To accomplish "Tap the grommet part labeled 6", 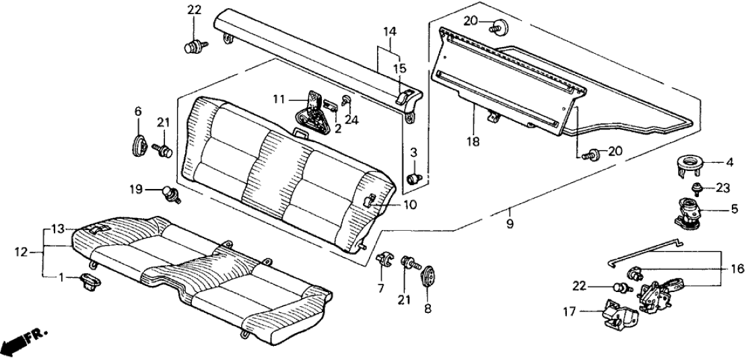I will click(138, 145).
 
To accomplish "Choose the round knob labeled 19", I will click(168, 194).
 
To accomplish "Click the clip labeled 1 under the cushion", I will click(89, 279).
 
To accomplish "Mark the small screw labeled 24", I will click(346, 102).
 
